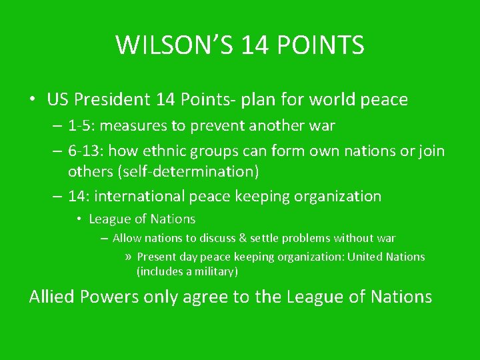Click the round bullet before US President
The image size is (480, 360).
[33, 100]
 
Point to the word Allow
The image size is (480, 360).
[126, 238]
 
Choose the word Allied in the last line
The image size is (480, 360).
[52, 297]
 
